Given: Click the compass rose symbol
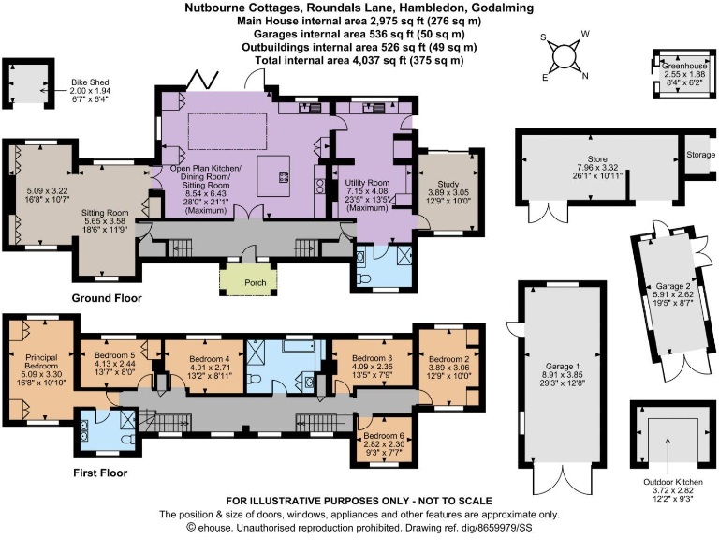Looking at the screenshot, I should pyautogui.click(x=565, y=56).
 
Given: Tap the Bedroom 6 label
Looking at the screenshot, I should pyautogui.click(x=384, y=437).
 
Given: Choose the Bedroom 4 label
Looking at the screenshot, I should pyautogui.click(x=210, y=358).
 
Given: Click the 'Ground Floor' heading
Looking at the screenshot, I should pyautogui.click(x=106, y=298).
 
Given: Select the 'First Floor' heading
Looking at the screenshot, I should pyautogui.click(x=100, y=472).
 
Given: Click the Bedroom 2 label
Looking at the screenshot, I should pyautogui.click(x=448, y=358).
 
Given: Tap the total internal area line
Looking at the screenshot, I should pyautogui.click(x=359, y=60).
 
